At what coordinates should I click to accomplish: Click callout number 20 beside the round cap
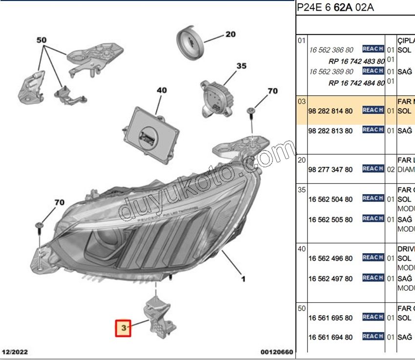(230, 34)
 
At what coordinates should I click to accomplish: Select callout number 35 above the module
(242, 66)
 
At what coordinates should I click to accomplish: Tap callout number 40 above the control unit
(162, 90)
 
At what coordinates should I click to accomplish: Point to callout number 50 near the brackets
(41, 40)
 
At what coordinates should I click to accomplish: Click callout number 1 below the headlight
(243, 279)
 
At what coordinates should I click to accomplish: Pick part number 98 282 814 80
(331, 111)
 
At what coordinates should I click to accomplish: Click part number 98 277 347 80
(331, 170)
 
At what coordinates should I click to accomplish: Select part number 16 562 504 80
(331, 200)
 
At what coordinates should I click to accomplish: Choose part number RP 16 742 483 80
(356, 61)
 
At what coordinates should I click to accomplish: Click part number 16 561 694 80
(331, 337)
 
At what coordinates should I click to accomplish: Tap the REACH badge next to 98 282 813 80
(373, 130)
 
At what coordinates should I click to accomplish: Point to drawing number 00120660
(277, 351)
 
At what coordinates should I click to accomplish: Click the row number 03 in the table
(302, 101)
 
